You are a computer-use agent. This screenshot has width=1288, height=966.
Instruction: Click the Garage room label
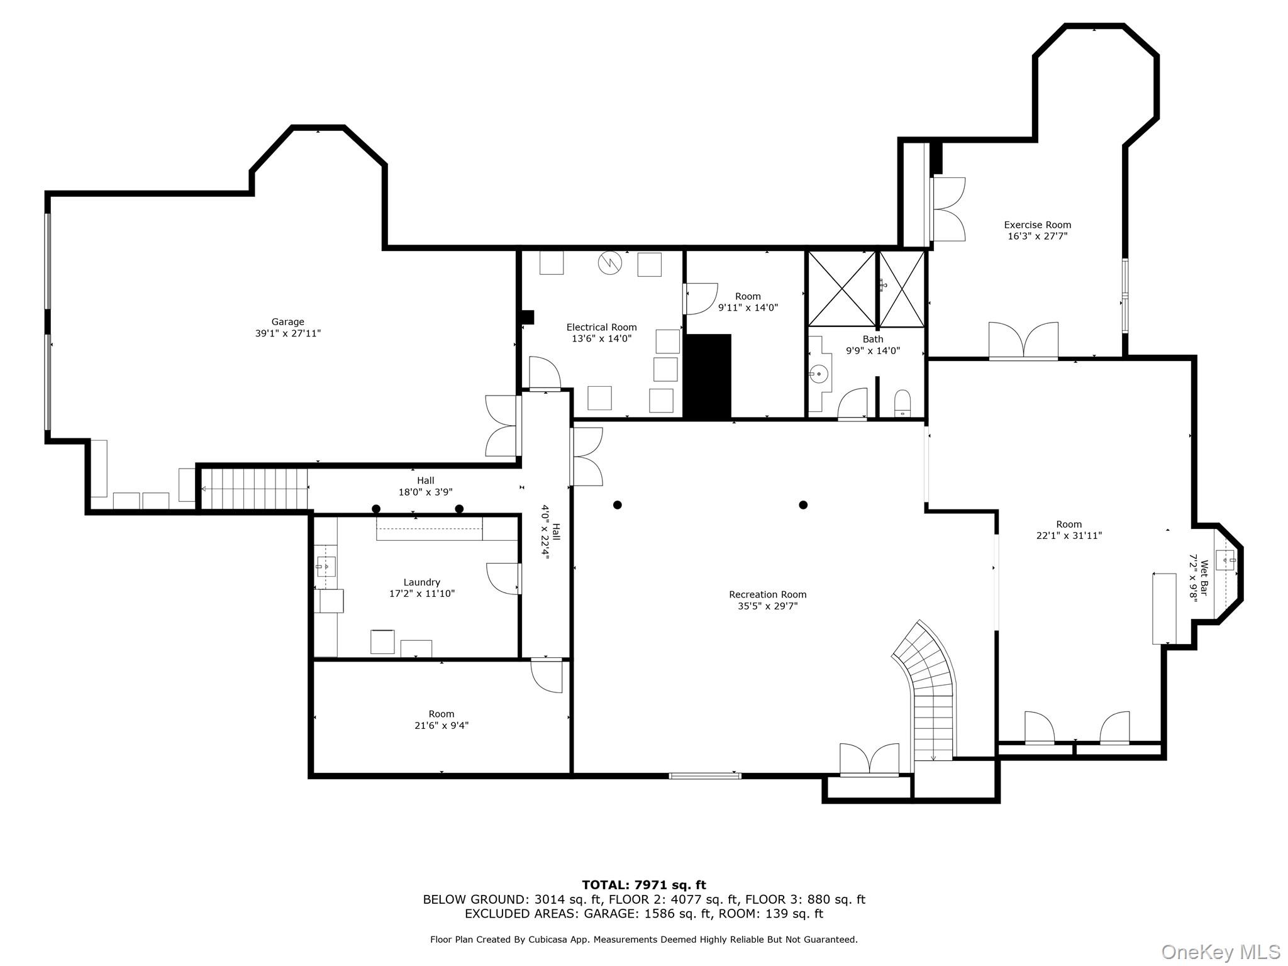pos(287,322)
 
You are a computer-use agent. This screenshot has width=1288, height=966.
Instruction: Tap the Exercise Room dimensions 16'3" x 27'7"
pos(1037,236)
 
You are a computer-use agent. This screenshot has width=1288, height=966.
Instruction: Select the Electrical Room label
pos(601,327)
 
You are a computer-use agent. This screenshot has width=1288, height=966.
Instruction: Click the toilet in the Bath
pos(902,402)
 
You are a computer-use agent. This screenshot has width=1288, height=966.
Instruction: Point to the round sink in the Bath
pos(819,374)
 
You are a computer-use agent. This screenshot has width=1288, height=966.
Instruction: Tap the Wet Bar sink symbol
pos(1225,559)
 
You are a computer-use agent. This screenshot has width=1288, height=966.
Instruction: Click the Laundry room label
pos(421,582)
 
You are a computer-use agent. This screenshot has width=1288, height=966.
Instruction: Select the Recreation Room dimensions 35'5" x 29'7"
pos(767,606)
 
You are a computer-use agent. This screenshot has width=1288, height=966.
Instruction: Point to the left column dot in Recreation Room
pos(618,505)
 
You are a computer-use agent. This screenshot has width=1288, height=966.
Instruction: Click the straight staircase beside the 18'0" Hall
pos(255,489)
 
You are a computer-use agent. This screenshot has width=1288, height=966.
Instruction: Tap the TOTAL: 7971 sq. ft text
pos(643,885)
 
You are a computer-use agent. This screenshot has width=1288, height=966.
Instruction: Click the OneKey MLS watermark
pos(1220,952)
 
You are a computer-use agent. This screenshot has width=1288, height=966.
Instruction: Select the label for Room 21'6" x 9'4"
pos(441,714)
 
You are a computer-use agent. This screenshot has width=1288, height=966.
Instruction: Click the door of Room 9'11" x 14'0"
pos(699,299)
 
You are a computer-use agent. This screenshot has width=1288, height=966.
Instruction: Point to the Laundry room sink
pos(326,566)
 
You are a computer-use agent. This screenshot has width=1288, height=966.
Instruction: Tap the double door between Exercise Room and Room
pos(1023,341)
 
